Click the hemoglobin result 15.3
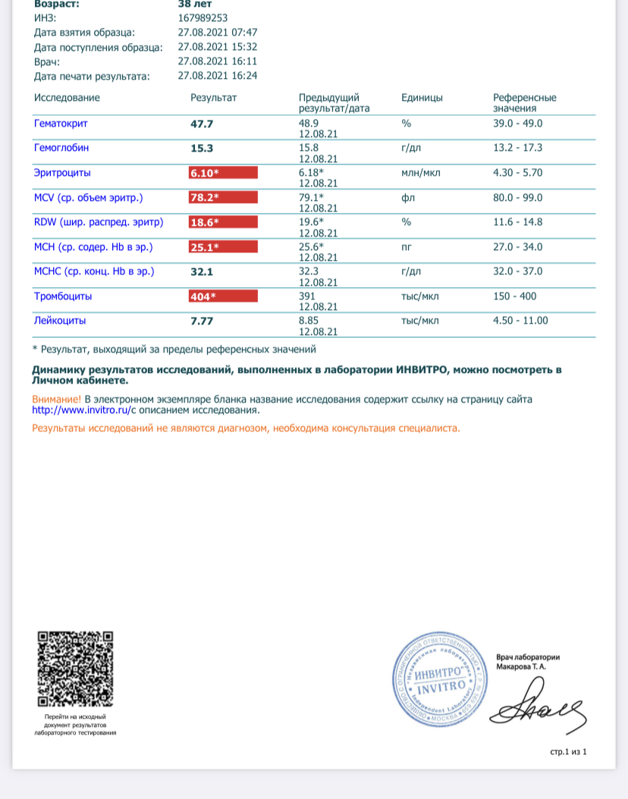[x=201, y=149]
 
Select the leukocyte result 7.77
[x=201, y=321]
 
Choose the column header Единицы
[x=422, y=98]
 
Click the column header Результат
[x=213, y=98]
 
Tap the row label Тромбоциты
[x=63, y=296]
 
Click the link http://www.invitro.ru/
[x=79, y=410]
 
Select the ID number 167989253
[x=203, y=18]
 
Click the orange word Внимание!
[x=56, y=399]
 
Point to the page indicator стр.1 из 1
[x=569, y=751]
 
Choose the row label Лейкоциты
[x=60, y=321]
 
